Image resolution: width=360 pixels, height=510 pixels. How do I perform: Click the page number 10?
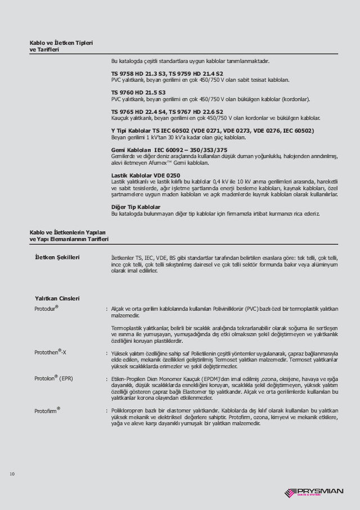[x=12, y=474]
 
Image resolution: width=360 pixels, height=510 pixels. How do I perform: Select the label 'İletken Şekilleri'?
[x=57, y=257]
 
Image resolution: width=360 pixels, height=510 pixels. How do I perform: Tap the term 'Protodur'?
[x=47, y=310]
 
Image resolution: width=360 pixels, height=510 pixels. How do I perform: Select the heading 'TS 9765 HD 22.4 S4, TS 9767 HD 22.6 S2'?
[x=167, y=111]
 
